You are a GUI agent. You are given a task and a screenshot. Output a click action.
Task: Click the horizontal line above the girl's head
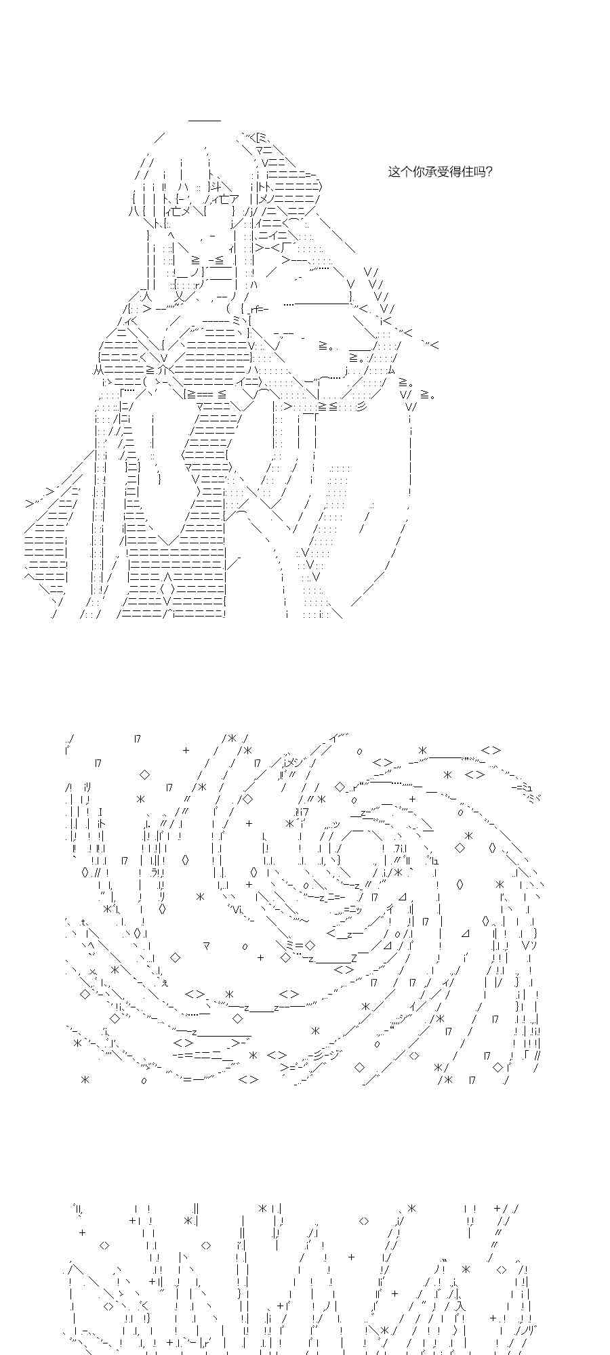click(205, 121)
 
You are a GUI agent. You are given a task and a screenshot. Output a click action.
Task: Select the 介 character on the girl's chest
click(163, 370)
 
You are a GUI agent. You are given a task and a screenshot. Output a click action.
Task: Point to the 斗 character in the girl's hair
click(215, 187)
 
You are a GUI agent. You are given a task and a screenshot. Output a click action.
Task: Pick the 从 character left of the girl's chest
click(98, 370)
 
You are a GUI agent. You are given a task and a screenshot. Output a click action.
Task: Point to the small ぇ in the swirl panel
click(165, 983)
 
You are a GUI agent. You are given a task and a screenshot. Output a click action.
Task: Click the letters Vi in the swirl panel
click(235, 909)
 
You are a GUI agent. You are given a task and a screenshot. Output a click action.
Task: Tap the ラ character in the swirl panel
click(155, 871)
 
